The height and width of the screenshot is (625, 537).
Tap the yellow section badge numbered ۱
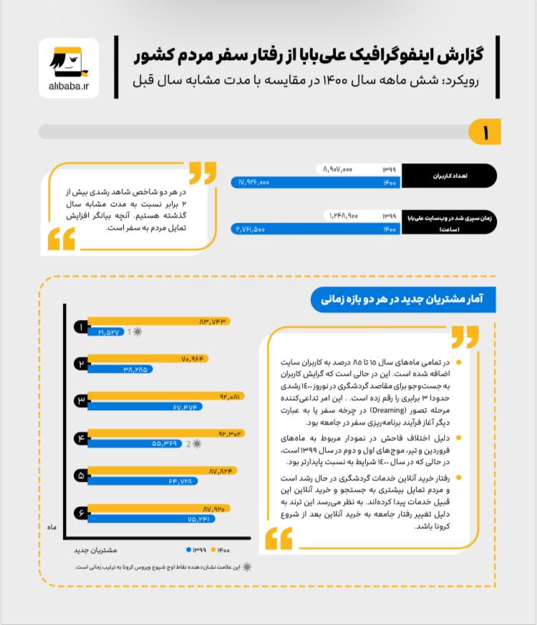click(x=485, y=132)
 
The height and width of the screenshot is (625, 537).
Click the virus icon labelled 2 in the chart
click(x=196, y=444)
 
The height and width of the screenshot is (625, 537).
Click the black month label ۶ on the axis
click(x=82, y=513)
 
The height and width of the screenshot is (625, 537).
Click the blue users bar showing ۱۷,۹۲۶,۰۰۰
click(x=315, y=183)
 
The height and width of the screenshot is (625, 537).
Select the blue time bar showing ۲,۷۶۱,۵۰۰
click(x=315, y=229)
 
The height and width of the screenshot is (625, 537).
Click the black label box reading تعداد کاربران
click(x=450, y=175)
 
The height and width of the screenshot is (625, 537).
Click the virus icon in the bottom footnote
click(x=247, y=566)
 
